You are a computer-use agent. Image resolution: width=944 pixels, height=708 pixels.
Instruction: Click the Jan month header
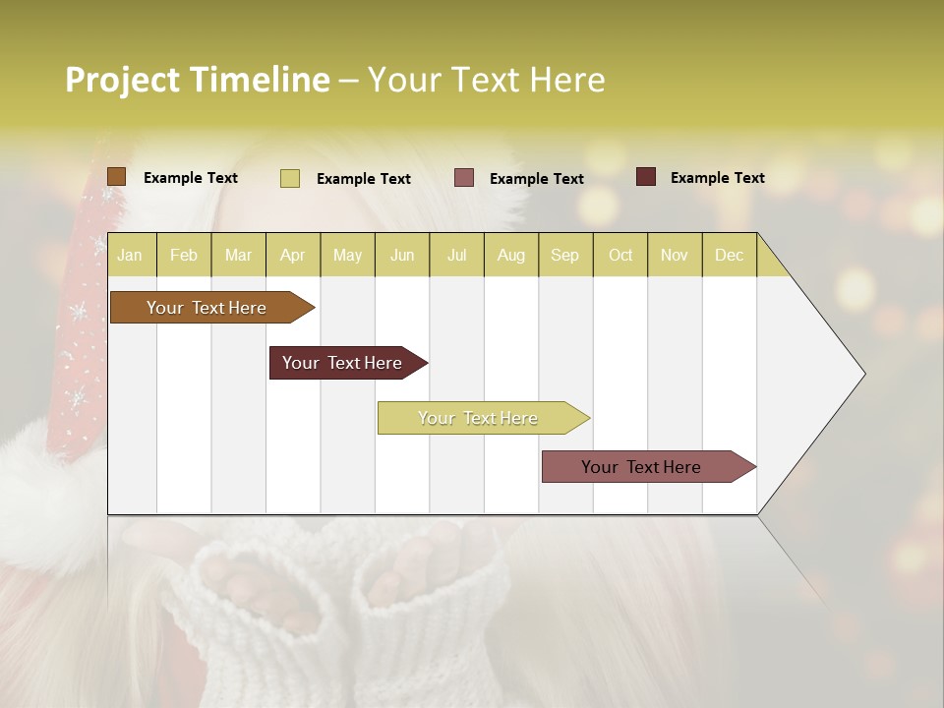click(x=130, y=255)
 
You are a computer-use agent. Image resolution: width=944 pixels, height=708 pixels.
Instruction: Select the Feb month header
click(x=184, y=255)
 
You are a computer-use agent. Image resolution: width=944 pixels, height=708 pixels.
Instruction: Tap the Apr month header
click(x=292, y=255)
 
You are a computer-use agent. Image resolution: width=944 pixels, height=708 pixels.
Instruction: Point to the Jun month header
click(x=401, y=255)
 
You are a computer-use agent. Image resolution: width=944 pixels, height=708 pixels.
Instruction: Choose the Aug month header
click(x=510, y=255)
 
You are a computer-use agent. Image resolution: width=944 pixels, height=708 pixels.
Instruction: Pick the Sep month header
click(x=564, y=255)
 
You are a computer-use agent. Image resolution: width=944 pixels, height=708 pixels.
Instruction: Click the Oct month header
click(x=619, y=255)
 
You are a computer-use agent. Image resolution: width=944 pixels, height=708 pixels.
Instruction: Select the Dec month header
click(x=729, y=255)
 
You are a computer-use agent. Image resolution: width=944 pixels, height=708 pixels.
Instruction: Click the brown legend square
click(x=116, y=177)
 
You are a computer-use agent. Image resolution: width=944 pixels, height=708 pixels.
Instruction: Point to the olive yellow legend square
click(x=289, y=178)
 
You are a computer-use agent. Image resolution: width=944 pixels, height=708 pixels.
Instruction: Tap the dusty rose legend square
click(x=464, y=178)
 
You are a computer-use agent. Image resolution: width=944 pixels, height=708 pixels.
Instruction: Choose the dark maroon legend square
click(x=646, y=177)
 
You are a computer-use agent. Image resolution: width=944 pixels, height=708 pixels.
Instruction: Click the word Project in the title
click(x=124, y=80)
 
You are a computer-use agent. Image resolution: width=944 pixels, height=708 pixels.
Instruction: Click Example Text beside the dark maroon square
click(x=717, y=177)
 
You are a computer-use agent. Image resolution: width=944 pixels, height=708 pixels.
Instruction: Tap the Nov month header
click(x=674, y=255)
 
